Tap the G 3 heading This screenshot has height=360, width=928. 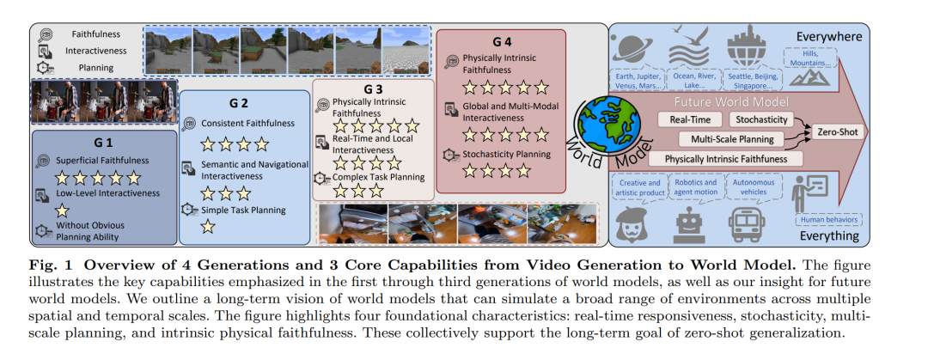[372, 88]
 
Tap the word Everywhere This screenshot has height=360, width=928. [832, 36]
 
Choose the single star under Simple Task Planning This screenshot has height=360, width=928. [209, 227]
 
